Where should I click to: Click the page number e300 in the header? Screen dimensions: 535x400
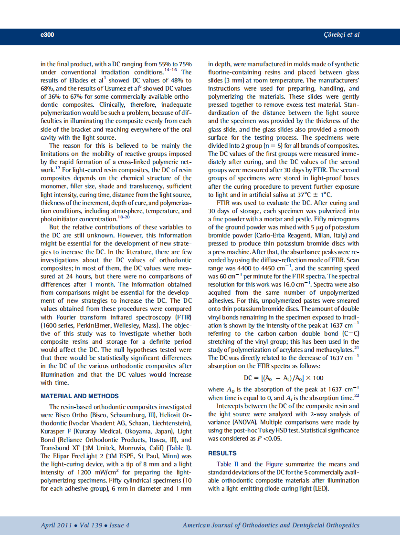click(x=47, y=35)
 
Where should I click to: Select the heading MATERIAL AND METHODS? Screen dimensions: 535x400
click(x=80, y=396)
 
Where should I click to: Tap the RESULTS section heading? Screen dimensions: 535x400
click(x=222, y=453)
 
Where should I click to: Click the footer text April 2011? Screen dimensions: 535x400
click(x=58, y=525)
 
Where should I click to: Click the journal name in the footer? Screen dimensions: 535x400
click(x=271, y=525)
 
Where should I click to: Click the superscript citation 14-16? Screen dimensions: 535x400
click(x=171, y=70)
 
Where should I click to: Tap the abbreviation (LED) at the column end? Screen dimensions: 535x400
click(x=320, y=489)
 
